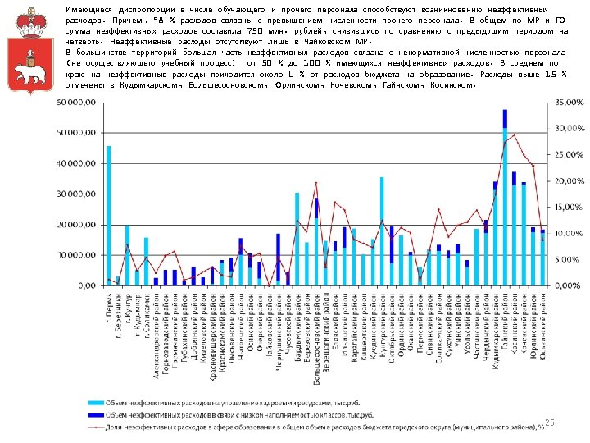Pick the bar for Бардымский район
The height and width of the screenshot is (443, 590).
click(x=297, y=239)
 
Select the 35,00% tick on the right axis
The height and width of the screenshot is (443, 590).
click(x=570, y=102)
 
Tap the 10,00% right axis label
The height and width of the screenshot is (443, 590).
click(x=570, y=233)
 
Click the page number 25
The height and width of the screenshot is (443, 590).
click(x=550, y=422)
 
